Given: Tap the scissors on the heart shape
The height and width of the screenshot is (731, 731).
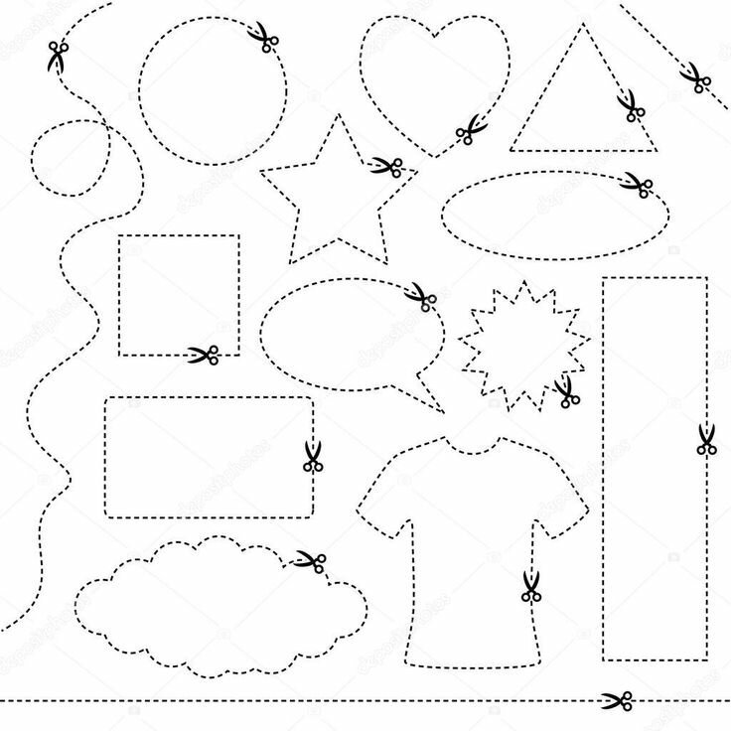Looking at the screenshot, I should point(469,129).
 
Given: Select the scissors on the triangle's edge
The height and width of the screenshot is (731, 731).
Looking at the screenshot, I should point(629,104).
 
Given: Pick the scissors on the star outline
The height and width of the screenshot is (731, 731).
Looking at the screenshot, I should point(385,165).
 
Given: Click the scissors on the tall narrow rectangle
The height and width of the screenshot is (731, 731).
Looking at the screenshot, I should point(705,439).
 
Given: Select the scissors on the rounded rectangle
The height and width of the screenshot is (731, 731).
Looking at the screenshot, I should point(313,456).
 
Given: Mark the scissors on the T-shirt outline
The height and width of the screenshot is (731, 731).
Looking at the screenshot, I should point(530,586).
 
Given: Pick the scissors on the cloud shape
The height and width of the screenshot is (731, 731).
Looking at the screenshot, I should point(308,561).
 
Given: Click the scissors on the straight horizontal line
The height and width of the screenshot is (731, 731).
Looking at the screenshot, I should point(617,700).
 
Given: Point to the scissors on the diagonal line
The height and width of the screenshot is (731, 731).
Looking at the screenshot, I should point(694,76).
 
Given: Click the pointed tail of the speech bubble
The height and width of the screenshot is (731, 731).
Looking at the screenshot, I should point(440,408).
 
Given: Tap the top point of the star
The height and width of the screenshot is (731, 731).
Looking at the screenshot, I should point(339,115).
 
